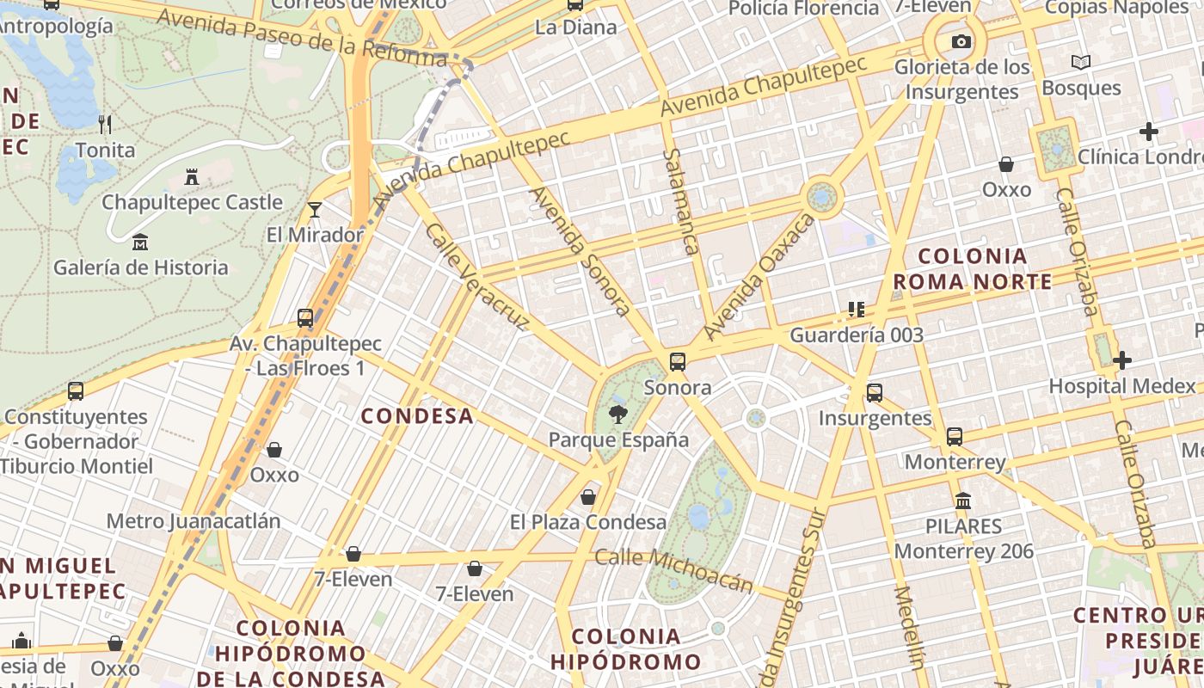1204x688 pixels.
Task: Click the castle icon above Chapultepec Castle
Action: pyautogui.click(x=192, y=177)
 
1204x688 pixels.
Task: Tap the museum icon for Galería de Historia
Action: pyautogui.click(x=140, y=243)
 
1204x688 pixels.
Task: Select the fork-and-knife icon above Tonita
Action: pyautogui.click(x=105, y=125)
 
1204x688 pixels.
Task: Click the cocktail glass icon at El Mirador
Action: pyautogui.click(x=315, y=209)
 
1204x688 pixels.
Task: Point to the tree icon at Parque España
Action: pyautogui.click(x=617, y=415)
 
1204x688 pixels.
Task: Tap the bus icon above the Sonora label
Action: pyautogui.click(x=678, y=362)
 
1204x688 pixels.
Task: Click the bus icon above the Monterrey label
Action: pyautogui.click(x=955, y=436)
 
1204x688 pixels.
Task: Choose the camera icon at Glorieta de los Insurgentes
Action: pyautogui.click(x=961, y=41)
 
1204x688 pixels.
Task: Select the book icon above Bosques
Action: pyautogui.click(x=1081, y=63)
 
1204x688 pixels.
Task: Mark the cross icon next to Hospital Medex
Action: pyautogui.click(x=1122, y=360)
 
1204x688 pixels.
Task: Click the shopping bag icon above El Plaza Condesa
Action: pyautogui.click(x=588, y=497)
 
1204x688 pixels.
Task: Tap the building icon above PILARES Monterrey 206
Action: pyautogui.click(x=963, y=501)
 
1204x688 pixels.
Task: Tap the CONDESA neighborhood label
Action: pyautogui.click(x=417, y=416)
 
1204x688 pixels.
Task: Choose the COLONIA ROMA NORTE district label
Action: pyautogui.click(x=973, y=268)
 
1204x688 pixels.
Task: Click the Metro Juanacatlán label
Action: pyautogui.click(x=193, y=521)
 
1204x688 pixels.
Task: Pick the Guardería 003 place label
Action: pyautogui.click(x=857, y=335)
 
